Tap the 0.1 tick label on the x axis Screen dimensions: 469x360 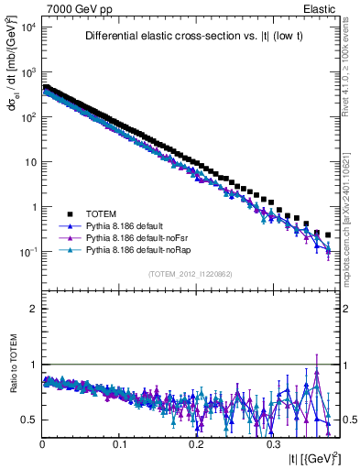[x=118, y=442]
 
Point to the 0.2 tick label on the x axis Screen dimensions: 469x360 [x=195, y=442]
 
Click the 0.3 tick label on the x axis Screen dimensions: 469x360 [x=272, y=442]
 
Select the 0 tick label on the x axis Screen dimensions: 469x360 [x=42, y=442]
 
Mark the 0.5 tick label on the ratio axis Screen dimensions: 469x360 [x=29, y=420]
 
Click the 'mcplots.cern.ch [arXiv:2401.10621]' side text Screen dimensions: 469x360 [x=352, y=202]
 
